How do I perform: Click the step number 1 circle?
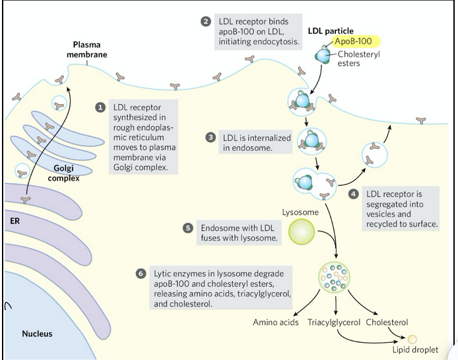[100, 106]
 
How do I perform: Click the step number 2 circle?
[205, 21]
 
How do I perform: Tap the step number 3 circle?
[211, 137]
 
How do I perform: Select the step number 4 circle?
[353, 194]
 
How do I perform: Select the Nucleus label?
[37, 334]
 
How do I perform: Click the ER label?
[15, 221]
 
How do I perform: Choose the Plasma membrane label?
[86, 49]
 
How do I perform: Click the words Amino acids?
[277, 323]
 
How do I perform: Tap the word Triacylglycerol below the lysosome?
[334, 323]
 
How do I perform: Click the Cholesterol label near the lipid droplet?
[387, 323]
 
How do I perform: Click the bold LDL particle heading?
[331, 30]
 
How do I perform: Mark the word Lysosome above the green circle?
[300, 213]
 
